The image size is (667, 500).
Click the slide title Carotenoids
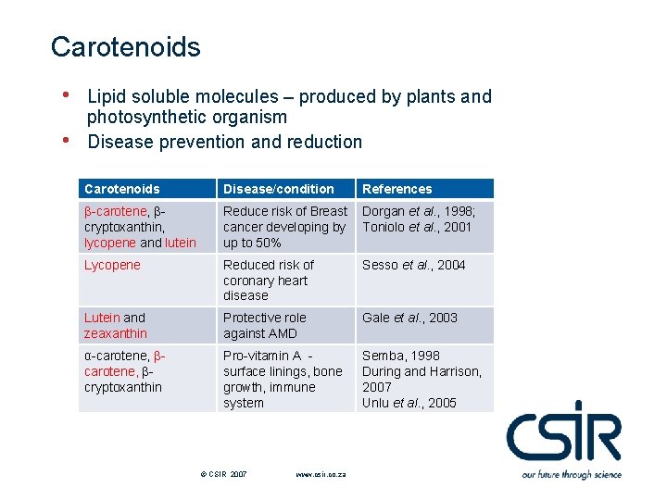point(125,47)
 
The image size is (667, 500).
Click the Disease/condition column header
point(278,189)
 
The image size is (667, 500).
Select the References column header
point(396,189)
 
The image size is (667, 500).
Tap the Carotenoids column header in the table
point(121,189)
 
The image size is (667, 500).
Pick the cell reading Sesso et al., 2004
point(413,265)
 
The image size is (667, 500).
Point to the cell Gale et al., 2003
point(409,318)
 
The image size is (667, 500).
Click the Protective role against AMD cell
point(265,325)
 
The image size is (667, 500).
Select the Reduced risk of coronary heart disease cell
point(268,280)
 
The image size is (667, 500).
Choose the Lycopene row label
point(112,265)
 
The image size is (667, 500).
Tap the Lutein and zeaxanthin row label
point(115,325)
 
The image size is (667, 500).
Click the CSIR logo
point(563,432)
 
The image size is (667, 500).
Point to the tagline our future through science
point(571,474)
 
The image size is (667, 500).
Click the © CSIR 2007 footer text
point(223,474)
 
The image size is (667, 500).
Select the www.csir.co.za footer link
point(321,474)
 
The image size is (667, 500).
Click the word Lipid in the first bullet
point(106,96)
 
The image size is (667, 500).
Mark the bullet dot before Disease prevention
point(66,140)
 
